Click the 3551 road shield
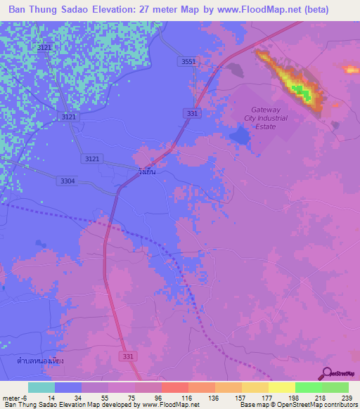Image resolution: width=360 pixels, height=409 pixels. point(188,62)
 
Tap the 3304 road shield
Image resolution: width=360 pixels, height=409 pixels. point(67,181)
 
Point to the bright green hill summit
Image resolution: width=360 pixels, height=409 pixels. point(301,91)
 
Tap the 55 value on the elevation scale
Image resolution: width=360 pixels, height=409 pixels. point(93,398)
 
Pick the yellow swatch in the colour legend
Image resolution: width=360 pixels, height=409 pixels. point(281,387)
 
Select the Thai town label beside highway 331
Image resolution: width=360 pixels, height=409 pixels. point(146,171)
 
